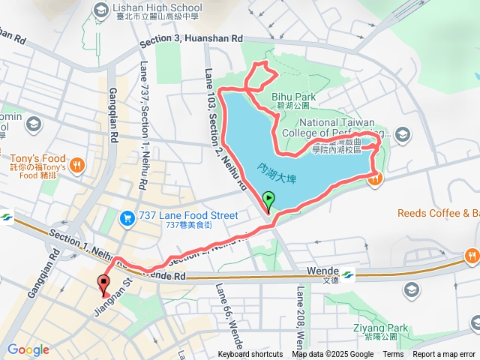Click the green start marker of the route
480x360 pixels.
tap(268, 200)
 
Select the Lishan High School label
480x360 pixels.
tap(156, 7)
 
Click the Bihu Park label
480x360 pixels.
tap(293, 97)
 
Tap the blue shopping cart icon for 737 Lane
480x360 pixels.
tap(127, 217)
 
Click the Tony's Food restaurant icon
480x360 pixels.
tap(76, 164)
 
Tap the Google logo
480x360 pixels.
tap(28, 349)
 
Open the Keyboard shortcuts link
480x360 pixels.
tap(250, 355)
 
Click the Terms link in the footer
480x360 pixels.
tap(392, 355)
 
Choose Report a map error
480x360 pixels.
tap(444, 355)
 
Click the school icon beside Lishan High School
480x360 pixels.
tap(100, 7)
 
